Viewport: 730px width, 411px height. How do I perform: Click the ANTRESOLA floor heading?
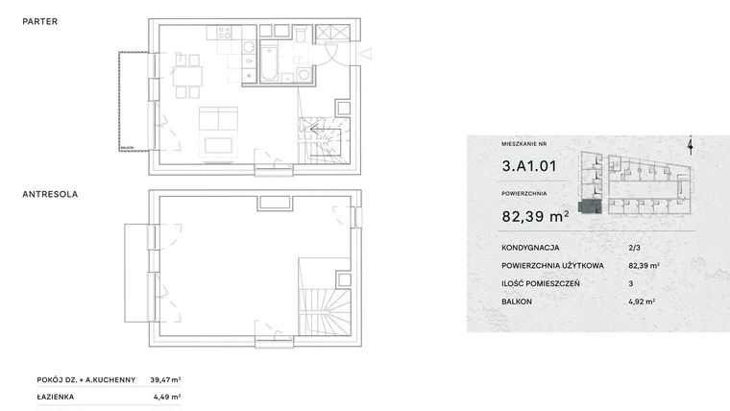tap(50, 194)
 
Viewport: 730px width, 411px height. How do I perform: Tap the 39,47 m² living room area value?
tap(167, 379)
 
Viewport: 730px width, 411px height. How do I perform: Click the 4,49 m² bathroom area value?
tap(167, 396)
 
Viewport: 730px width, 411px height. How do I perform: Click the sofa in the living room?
tap(220, 119)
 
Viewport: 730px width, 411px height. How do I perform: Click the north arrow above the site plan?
tap(691, 145)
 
